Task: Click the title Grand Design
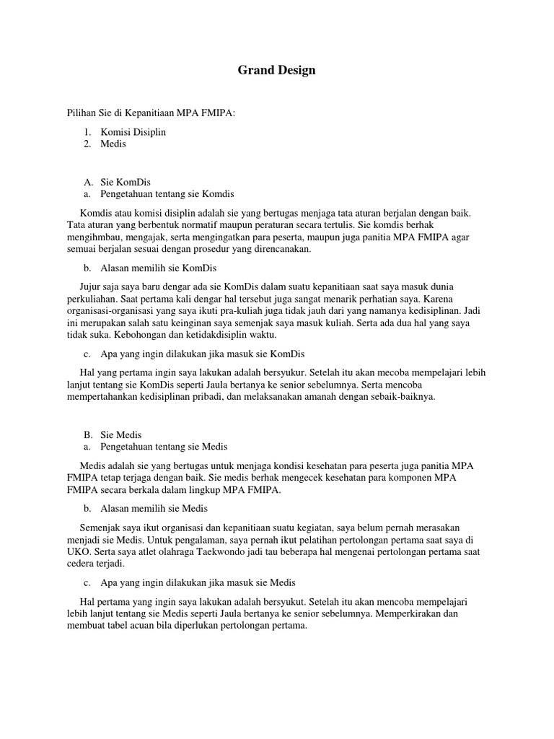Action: pyautogui.click(x=277, y=71)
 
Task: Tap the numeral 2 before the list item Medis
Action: pyautogui.click(x=87, y=144)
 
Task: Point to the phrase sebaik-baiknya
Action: pyautogui.click(x=403, y=397)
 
